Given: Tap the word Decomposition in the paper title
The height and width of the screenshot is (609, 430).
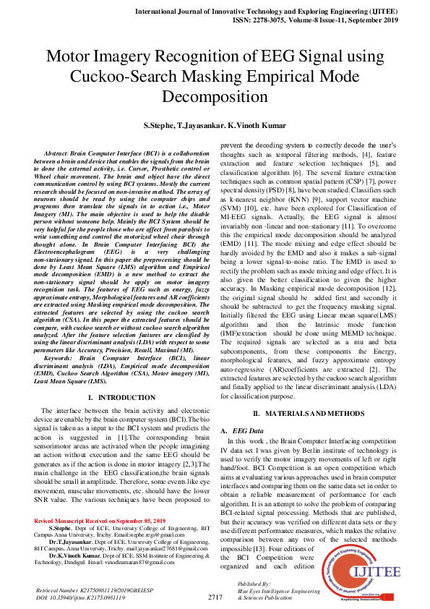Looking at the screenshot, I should pos(215,96).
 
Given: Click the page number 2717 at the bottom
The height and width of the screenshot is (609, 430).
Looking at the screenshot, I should pos(215,597).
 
